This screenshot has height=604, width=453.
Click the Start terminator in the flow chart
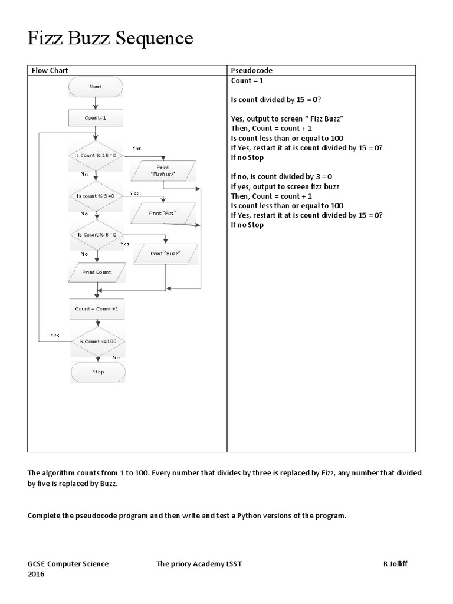coord(96,87)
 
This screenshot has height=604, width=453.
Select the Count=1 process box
coord(96,118)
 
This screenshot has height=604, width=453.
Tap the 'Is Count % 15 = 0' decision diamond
coord(96,155)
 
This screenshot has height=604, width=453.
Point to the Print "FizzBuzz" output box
coord(163,172)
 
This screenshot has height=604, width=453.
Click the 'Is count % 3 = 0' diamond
coord(96,195)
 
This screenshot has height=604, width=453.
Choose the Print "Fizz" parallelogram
coord(163,213)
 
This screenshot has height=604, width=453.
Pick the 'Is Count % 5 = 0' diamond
coord(96,234)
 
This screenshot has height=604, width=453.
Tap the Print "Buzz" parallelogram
coord(165,254)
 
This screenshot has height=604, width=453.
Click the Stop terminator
coord(98,372)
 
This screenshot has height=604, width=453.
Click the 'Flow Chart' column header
coord(50,71)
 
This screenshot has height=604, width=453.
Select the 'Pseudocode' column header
coord(251,71)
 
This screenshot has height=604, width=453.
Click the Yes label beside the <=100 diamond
coord(55,335)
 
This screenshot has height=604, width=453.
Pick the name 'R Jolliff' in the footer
coord(395,564)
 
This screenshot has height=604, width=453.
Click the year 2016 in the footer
coord(36,574)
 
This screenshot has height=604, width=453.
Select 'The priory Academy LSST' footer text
coord(199,564)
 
